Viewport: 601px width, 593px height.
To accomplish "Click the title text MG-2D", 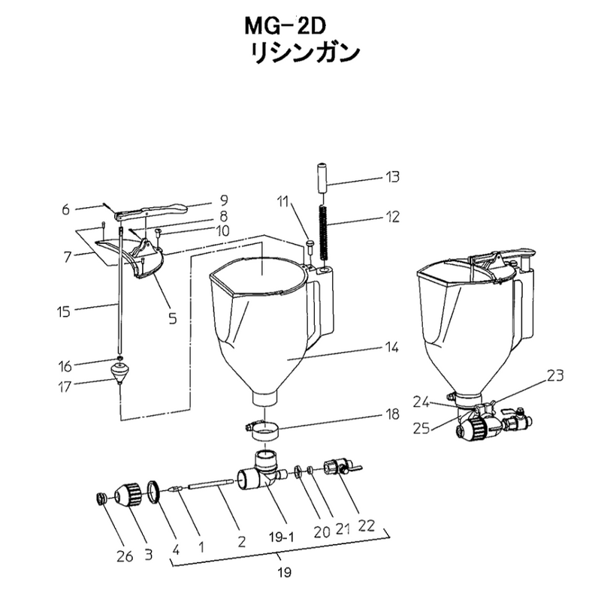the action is pyautogui.click(x=285, y=27).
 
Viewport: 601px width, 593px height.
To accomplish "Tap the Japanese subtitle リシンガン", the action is pyautogui.click(x=305, y=53).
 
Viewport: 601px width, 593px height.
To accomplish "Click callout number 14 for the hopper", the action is pyautogui.click(x=391, y=348).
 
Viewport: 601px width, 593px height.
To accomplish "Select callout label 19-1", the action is pyautogui.click(x=281, y=538).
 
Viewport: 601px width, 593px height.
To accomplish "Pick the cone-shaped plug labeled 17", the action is pyautogui.click(x=119, y=374).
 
